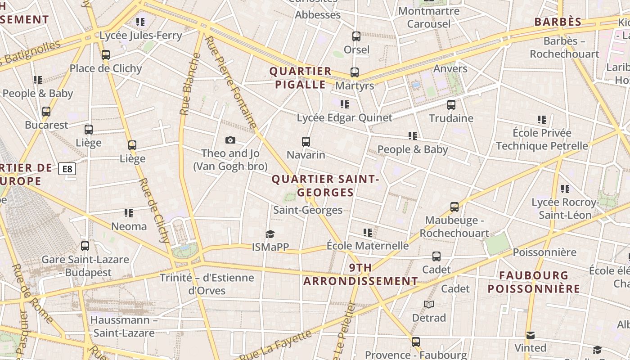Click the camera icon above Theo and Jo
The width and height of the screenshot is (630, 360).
(x=230, y=140)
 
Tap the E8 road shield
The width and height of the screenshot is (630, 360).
(x=67, y=169)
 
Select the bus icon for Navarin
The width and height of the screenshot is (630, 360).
(x=306, y=142)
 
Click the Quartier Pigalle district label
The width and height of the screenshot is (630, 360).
(x=300, y=78)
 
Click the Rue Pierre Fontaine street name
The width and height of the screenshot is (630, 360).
(x=230, y=82)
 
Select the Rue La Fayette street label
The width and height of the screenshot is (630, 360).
(x=275, y=345)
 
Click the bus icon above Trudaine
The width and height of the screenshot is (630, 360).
(x=451, y=105)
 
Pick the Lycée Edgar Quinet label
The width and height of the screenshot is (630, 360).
(x=344, y=118)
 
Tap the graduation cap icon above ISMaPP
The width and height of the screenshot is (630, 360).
(x=270, y=234)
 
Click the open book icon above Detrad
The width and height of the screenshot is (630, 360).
(x=429, y=305)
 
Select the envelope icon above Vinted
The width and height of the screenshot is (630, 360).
(x=531, y=335)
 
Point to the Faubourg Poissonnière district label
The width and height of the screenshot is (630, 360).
(x=534, y=282)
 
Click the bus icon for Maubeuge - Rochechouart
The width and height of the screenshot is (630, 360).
(x=454, y=207)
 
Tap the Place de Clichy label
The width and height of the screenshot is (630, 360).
(x=105, y=68)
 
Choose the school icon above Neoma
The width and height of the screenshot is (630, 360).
(x=129, y=213)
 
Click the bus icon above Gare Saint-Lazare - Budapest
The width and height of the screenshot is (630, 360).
(x=85, y=246)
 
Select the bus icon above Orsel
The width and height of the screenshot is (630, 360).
(x=356, y=36)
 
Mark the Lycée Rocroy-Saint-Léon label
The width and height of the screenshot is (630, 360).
(x=565, y=209)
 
